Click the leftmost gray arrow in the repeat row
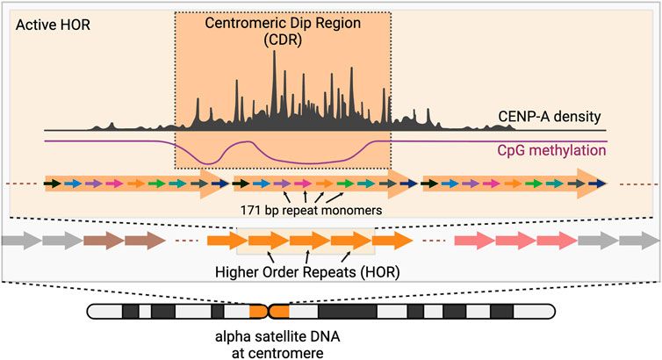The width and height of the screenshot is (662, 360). pos(21,240)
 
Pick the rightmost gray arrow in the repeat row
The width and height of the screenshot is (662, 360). pos(639,240)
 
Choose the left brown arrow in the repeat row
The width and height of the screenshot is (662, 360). pos(103,240)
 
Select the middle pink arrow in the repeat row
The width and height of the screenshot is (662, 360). pos(515,240)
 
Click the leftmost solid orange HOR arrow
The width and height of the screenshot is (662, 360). pos(226,240)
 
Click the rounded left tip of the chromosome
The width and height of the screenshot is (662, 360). pos(90,312)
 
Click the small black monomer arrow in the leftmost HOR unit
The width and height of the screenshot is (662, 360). pos(54,184)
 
